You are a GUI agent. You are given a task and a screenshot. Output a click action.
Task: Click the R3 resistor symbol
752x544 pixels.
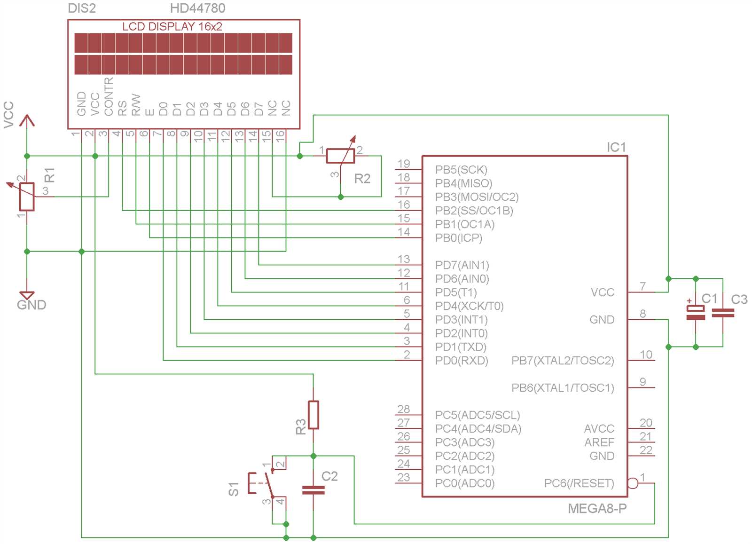tap(313, 415)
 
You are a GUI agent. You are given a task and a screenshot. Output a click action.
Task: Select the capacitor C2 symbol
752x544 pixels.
tap(313, 490)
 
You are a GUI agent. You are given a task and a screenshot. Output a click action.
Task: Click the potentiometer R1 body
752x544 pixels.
tap(27, 197)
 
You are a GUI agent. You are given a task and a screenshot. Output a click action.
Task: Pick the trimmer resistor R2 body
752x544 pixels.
tap(340, 156)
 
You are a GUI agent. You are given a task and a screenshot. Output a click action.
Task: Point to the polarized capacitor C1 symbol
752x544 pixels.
tap(696, 313)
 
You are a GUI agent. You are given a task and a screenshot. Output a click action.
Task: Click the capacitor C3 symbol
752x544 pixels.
tap(723, 313)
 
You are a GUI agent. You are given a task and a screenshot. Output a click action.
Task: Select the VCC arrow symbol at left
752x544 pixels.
tap(27, 121)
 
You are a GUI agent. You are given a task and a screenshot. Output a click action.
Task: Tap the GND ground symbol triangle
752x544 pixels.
tap(27, 295)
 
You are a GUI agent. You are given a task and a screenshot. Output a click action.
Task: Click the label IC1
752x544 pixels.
tap(616, 147)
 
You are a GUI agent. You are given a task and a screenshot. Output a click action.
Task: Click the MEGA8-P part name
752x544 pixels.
tap(597, 508)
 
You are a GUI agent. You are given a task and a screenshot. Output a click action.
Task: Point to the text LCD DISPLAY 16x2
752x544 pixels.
tap(172, 26)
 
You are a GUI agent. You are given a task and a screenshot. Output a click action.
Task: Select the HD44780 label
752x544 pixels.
tap(197, 8)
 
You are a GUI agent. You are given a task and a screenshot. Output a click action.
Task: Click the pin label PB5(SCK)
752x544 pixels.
tap(461, 170)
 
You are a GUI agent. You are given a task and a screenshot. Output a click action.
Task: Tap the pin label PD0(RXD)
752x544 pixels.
tap(462, 361)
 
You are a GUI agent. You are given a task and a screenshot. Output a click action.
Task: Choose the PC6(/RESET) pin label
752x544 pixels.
tap(579, 483)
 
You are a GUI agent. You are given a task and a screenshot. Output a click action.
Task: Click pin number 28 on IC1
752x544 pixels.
tap(403, 409)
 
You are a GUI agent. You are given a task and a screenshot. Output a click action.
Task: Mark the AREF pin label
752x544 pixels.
tap(599, 442)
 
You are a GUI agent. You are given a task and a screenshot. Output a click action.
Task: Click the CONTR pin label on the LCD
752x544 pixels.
tap(109, 97)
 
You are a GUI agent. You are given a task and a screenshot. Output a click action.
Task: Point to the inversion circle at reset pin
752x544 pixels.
tap(633, 483)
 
